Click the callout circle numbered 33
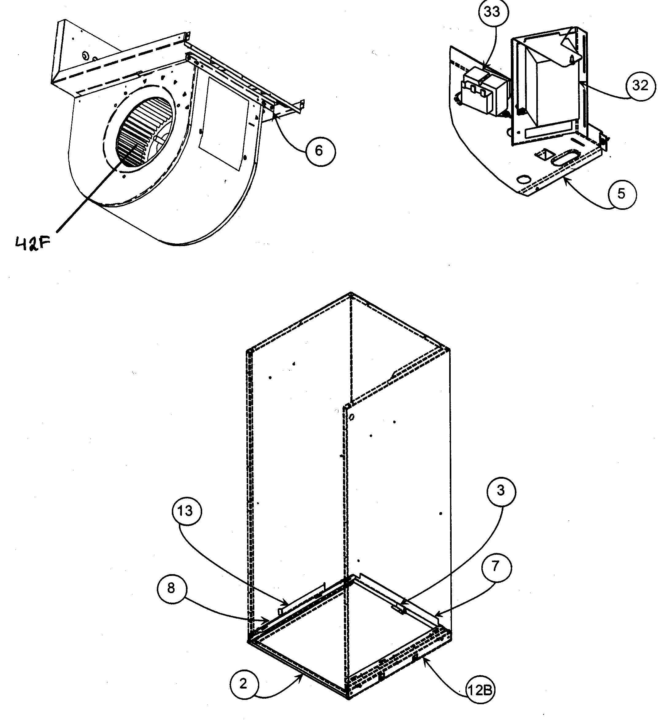pyautogui.click(x=493, y=12)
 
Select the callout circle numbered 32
pyautogui.click(x=640, y=86)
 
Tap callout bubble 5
pyautogui.click(x=622, y=194)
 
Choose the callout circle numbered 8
pyautogui.click(x=172, y=588)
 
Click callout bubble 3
pyautogui.click(x=501, y=491)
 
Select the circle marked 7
pyautogui.click(x=496, y=566)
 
